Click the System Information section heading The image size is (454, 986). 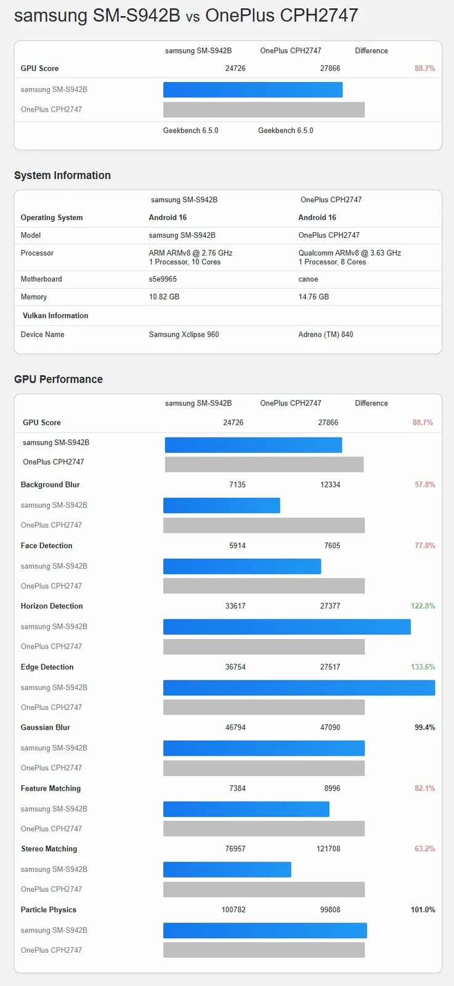point(62,176)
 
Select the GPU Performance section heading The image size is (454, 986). point(59,380)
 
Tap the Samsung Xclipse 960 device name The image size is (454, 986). point(184,335)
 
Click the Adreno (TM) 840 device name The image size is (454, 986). point(325,335)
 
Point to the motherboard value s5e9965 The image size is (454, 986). point(163,279)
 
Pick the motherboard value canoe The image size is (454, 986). point(308,279)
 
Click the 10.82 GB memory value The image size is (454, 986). point(164,297)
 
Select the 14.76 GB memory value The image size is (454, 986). point(314,297)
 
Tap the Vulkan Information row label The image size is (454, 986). point(55,316)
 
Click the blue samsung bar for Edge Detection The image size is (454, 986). point(299,688)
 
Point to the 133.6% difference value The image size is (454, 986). point(423,667)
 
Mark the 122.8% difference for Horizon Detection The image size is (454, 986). point(423,606)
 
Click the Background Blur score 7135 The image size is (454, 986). point(237,485)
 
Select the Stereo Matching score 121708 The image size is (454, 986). point(328,849)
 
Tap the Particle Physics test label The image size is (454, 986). point(49,910)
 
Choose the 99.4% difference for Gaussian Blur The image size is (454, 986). point(424,728)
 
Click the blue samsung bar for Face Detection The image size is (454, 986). point(242,566)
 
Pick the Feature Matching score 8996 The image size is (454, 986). point(330,789)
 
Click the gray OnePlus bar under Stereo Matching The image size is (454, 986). point(264,889)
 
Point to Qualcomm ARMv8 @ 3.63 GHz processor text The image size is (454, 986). point(349,253)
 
